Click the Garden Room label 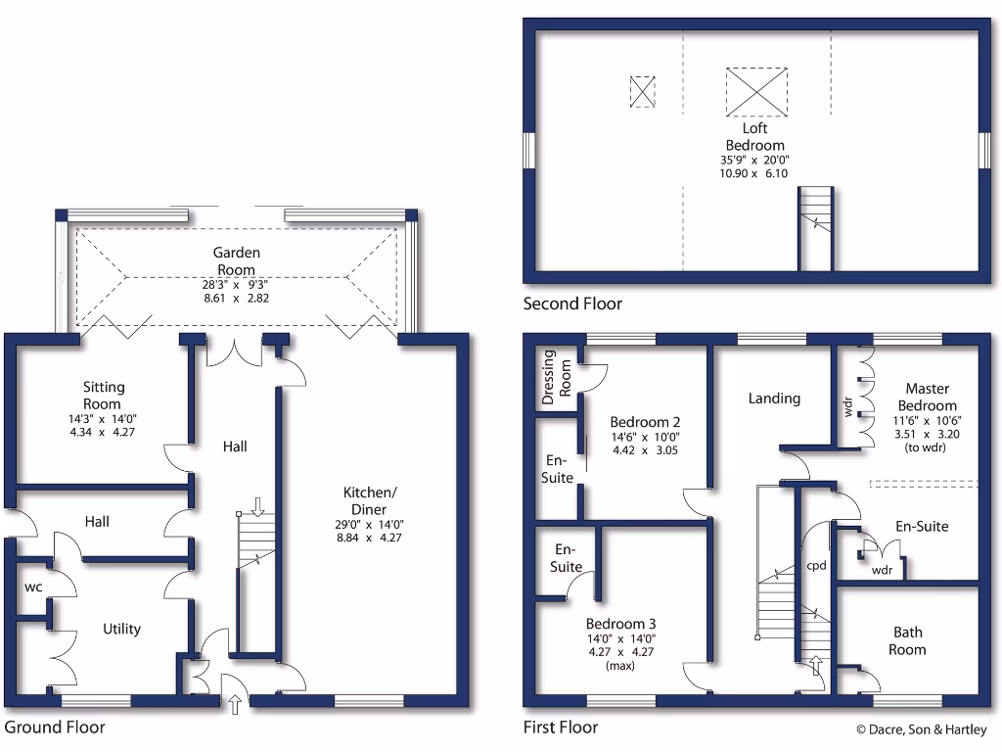[x=237, y=260]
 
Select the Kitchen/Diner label [x=370, y=500]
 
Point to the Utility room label [x=121, y=629]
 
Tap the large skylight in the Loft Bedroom [x=755, y=91]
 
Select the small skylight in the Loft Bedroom [x=641, y=91]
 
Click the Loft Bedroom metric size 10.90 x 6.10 [x=754, y=173]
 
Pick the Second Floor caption [x=572, y=304]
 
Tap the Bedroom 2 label [x=644, y=422]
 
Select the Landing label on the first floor [x=774, y=399]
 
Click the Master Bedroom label [x=927, y=397]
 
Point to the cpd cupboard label [x=816, y=566]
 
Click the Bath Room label [x=907, y=640]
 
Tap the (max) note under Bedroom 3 [x=620, y=666]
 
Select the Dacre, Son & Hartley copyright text [x=921, y=729]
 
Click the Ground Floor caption [x=55, y=728]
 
